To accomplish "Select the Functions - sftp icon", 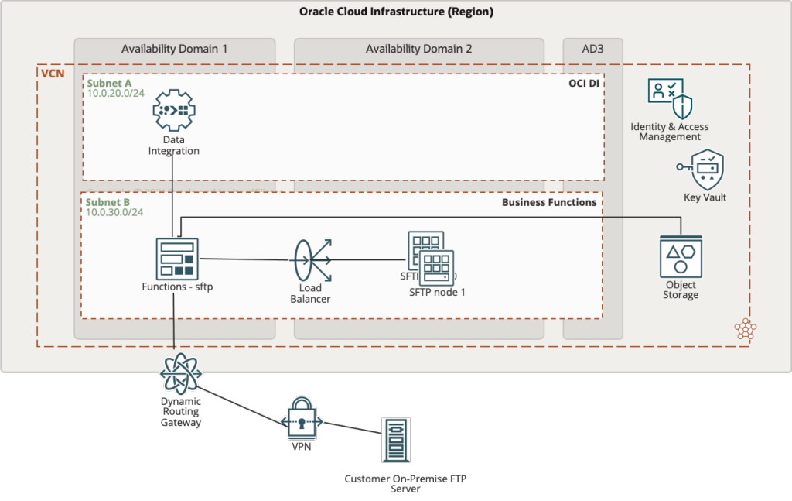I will [x=177, y=259].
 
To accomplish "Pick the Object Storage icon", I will [x=681, y=257].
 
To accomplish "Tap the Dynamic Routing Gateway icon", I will [x=181, y=374].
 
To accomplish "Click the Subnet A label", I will [x=108, y=82].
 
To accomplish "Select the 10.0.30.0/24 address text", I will [x=114, y=212].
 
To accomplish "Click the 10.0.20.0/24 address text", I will [x=115, y=93].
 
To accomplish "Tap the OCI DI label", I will [x=584, y=83].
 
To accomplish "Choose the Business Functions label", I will [x=549, y=202].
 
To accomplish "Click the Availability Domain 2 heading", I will [x=418, y=49].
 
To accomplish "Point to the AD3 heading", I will [x=592, y=49].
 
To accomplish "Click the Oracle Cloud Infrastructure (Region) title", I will [x=396, y=12].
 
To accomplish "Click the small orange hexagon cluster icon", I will [x=746, y=329].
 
